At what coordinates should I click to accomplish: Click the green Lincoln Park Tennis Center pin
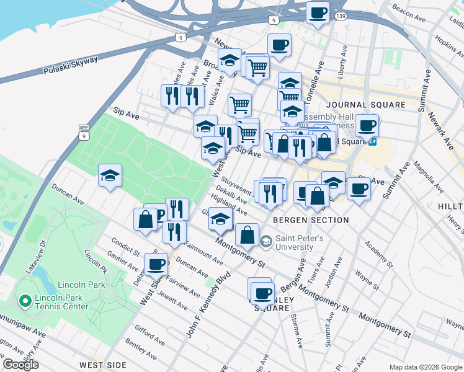[25, 301]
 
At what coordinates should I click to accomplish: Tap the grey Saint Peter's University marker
[266, 241]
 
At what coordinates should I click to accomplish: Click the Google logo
[20, 365]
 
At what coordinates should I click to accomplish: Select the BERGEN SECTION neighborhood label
[310, 220]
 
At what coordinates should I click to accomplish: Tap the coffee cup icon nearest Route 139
[318, 12]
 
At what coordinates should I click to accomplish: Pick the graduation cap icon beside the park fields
[110, 175]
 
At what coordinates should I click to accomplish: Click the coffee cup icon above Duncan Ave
[156, 264]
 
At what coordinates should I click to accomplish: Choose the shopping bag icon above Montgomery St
[247, 235]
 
